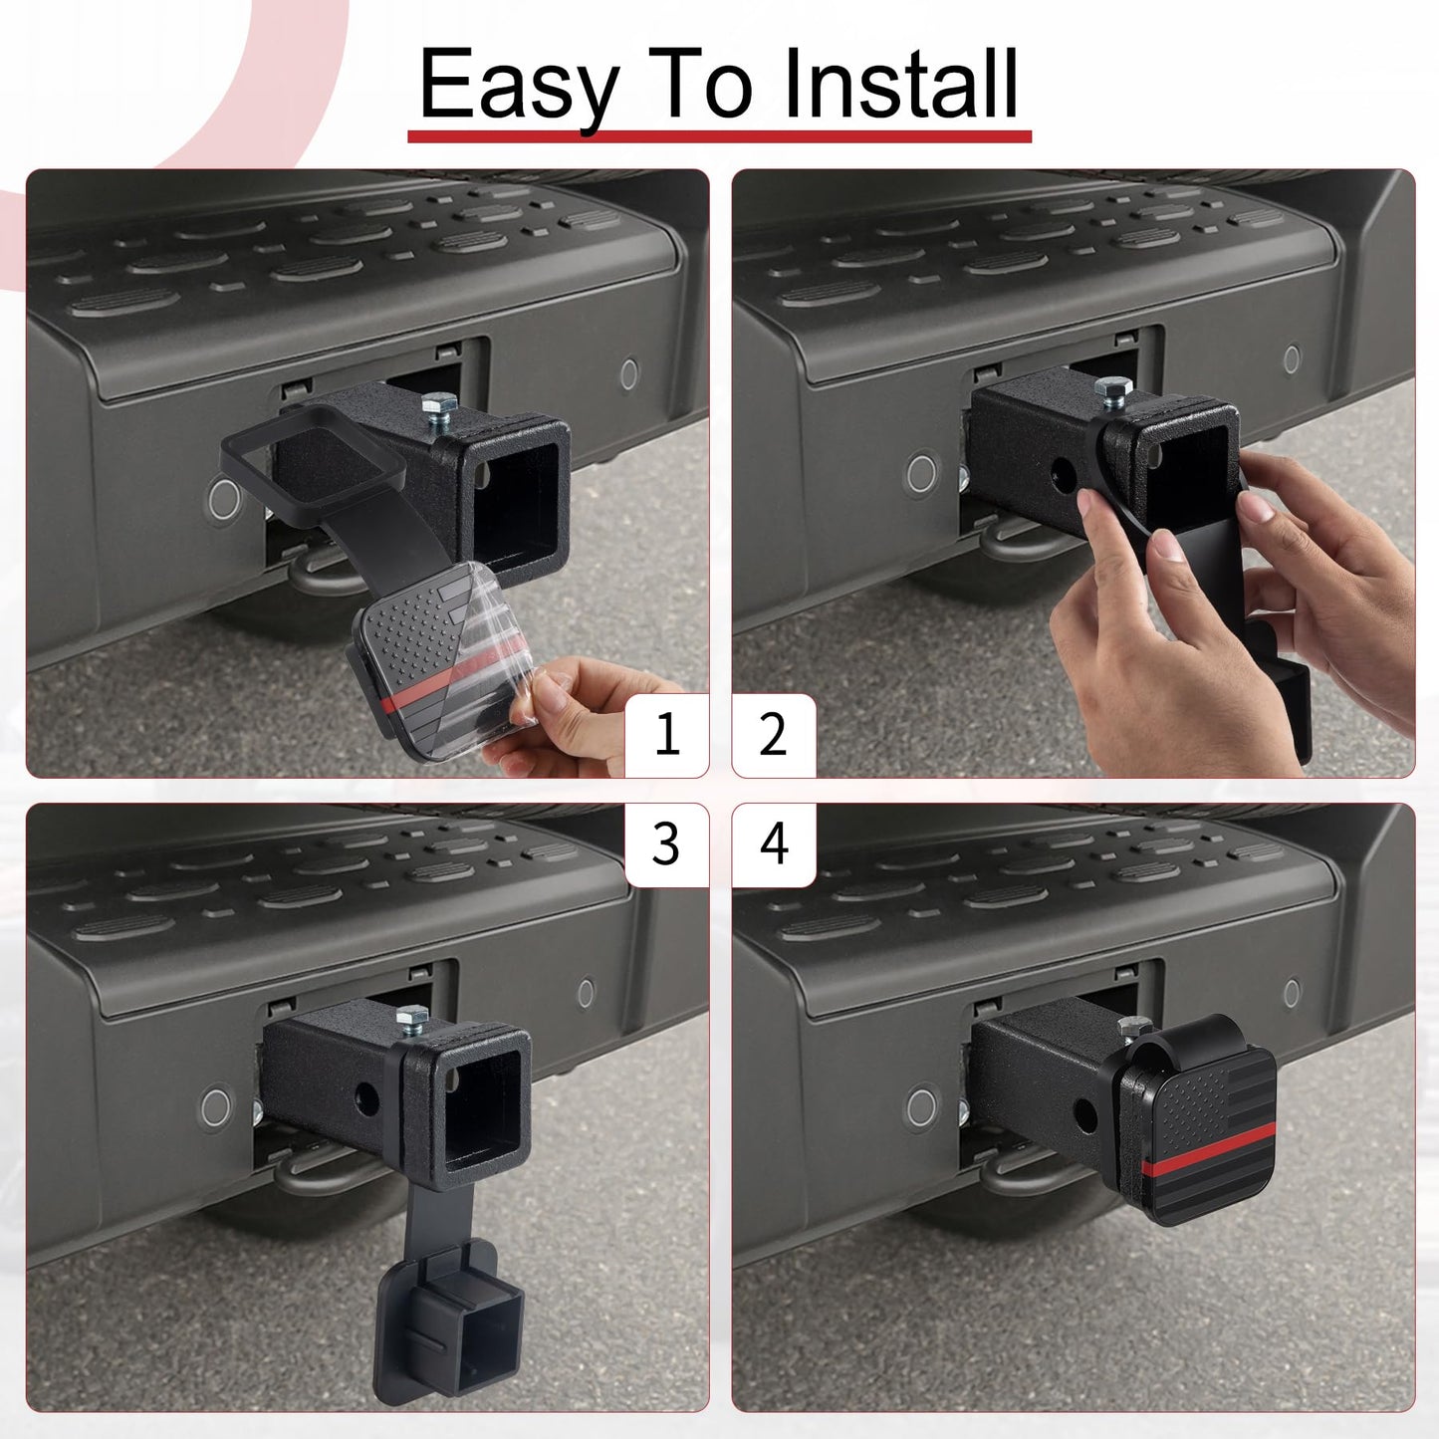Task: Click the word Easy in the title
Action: [x=518, y=85]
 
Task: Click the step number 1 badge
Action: [x=666, y=736]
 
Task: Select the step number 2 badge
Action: [x=774, y=736]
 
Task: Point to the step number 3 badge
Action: [x=666, y=844]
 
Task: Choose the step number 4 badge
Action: [x=774, y=844]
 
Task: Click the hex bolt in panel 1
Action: [x=439, y=406]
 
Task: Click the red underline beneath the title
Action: [x=719, y=135]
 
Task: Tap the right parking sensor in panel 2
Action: [x=1292, y=359]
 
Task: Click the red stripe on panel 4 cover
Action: [x=1205, y=1162]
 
